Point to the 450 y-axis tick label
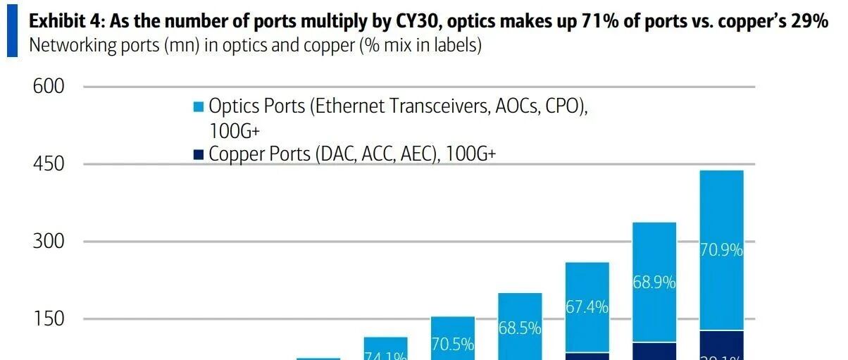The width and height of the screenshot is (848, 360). (49, 164)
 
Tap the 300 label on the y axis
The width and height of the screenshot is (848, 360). (49, 242)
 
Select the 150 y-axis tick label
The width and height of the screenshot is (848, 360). (49, 319)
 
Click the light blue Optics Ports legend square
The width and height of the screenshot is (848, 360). (199, 107)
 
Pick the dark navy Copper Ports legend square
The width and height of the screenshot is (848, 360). (199, 154)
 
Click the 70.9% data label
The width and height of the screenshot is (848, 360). (722, 250)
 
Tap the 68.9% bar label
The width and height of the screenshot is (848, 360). (654, 283)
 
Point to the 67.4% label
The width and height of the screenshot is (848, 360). (587, 308)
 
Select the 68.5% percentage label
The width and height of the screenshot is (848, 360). (519, 328)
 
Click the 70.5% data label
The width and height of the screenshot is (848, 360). (452, 345)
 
